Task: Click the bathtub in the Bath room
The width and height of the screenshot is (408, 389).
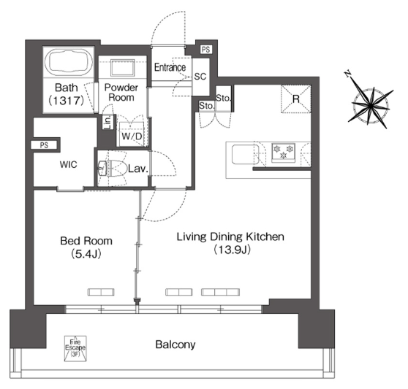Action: click(69, 61)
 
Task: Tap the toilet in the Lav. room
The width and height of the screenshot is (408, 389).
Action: click(116, 169)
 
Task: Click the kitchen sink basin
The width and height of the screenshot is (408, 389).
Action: click(245, 155)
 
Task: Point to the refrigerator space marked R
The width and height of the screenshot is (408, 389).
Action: click(296, 99)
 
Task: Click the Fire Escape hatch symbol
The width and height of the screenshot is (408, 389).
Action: click(75, 348)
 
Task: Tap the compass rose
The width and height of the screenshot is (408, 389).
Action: click(370, 105)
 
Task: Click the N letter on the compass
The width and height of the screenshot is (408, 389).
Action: click(347, 74)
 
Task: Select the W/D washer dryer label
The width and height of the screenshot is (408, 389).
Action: click(132, 136)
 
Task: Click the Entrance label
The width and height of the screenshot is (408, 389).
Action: click(170, 68)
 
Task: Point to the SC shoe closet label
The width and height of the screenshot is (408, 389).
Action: click(200, 77)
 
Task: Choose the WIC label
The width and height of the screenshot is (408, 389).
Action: click(69, 164)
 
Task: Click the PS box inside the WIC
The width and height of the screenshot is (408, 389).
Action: click(44, 145)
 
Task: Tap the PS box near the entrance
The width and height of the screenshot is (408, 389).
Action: click(206, 50)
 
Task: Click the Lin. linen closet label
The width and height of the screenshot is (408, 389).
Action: click(107, 123)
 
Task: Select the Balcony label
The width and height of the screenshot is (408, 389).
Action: click(175, 344)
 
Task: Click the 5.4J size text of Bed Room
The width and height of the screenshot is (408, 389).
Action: click(86, 254)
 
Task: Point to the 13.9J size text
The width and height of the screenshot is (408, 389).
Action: click(232, 250)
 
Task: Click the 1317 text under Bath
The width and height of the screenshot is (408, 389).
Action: click(67, 100)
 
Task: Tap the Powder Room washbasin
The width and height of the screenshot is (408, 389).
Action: click(122, 68)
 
